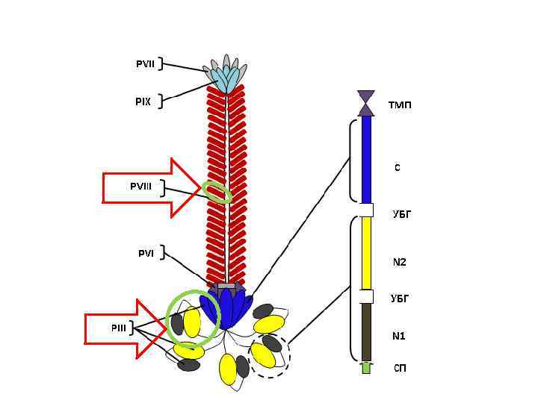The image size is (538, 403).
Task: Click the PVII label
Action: pyautogui.click(x=145, y=64)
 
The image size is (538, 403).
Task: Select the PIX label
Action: pyautogui.click(x=143, y=101)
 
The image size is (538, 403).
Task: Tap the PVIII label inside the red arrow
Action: pyautogui.click(x=140, y=186)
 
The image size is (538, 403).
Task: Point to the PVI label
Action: pyautogui.click(x=145, y=254)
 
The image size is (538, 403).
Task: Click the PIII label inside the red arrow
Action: pyautogui.click(x=119, y=328)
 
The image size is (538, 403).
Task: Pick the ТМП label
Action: pyautogui.click(x=400, y=105)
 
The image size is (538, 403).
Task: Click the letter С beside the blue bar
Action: pyautogui.click(x=398, y=168)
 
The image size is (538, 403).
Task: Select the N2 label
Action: pyautogui.click(x=400, y=262)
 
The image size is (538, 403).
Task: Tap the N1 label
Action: pyautogui.click(x=399, y=336)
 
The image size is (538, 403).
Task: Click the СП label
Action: pyautogui.click(x=401, y=369)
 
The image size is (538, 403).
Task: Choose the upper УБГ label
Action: pyautogui.click(x=402, y=214)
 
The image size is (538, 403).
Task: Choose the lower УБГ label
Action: pyautogui.click(x=401, y=299)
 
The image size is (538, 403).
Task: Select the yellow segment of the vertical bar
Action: pyautogui.click(x=366, y=252)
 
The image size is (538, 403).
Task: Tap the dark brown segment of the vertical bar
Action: pyautogui.click(x=366, y=332)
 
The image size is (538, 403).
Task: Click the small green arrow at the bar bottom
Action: pyautogui.click(x=366, y=367)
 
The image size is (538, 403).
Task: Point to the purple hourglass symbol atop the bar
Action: pyautogui.click(x=366, y=103)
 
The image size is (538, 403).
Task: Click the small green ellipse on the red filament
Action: pyautogui.click(x=218, y=192)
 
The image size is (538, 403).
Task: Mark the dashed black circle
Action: pyautogui.click(x=269, y=355)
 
